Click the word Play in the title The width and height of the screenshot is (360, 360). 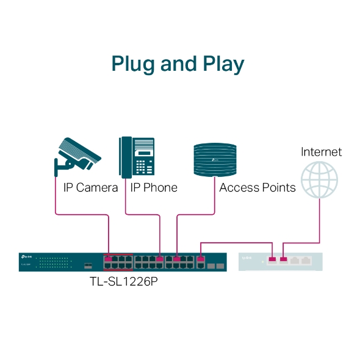click(222, 65)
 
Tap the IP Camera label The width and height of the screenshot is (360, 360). click(90, 187)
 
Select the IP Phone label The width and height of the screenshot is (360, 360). click(153, 187)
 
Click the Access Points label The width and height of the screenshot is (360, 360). click(257, 187)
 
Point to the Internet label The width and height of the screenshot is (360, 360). click(321, 152)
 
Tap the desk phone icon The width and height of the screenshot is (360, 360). click(136, 157)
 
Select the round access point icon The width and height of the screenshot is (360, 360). click(214, 158)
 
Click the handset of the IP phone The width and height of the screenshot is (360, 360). click(124, 157)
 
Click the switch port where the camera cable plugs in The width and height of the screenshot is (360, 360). click(108, 259)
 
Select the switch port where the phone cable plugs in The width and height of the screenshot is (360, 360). click(160, 259)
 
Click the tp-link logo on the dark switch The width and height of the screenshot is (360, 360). click(26, 256)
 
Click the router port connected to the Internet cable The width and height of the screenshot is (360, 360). click(283, 261)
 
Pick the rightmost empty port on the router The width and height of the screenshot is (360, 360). click(306, 261)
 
